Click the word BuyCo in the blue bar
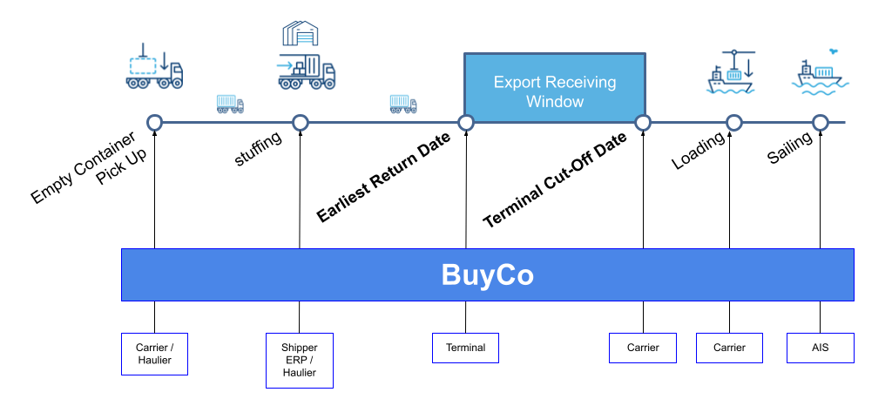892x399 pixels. coord(487,275)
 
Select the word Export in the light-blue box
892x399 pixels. coord(516,83)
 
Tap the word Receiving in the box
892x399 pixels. coord(581,83)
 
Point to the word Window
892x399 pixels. coord(555,102)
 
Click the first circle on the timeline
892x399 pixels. coord(155,123)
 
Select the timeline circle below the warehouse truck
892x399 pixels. coord(301,123)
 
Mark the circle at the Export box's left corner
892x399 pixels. coord(466,123)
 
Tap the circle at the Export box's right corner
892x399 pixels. coord(643,123)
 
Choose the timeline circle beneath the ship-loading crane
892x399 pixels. coord(734,123)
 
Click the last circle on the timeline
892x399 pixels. coord(821,123)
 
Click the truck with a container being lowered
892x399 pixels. coord(154,68)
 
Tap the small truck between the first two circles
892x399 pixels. coord(230,104)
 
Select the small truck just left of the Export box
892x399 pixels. coord(402,104)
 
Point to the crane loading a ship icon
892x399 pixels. coord(731,71)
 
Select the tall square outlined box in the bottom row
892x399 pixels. coord(300,360)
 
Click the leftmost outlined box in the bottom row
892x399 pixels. coord(154,354)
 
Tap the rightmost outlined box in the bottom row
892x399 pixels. coord(821,348)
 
